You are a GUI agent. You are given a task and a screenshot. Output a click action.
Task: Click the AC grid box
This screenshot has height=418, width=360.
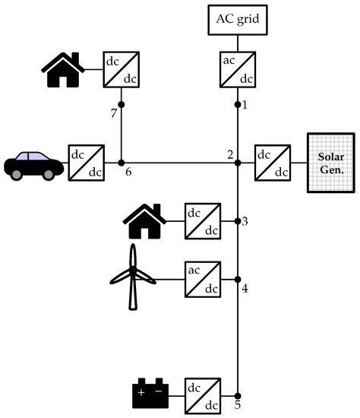pos(238,20)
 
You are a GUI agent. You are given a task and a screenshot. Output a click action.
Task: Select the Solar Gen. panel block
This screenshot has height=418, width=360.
pos(330,163)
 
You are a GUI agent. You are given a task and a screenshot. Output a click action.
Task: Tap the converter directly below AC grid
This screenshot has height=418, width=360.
pos(238,68)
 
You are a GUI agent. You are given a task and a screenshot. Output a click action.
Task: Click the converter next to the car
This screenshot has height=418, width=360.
pos(87,163)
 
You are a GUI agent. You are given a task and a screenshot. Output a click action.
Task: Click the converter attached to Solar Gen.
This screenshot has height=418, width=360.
pos(273,163)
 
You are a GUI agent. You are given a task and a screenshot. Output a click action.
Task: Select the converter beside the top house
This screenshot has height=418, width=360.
pos(121,68)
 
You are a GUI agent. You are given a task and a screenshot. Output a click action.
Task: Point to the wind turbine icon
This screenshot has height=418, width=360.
pos(133,277)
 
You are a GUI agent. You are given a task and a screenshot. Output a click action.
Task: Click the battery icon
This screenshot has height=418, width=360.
pos(150,391)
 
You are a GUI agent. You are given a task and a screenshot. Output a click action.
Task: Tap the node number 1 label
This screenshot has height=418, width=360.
pos(245,105)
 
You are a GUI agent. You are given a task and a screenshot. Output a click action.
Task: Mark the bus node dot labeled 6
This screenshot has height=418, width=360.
pos(122,163)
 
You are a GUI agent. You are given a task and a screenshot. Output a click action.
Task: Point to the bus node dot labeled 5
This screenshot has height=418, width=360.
pos(238,394)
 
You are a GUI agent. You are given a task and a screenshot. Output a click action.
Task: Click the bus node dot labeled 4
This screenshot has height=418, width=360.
pos(238,279)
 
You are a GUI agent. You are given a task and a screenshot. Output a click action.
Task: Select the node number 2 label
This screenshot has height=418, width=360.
pos(229,155)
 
